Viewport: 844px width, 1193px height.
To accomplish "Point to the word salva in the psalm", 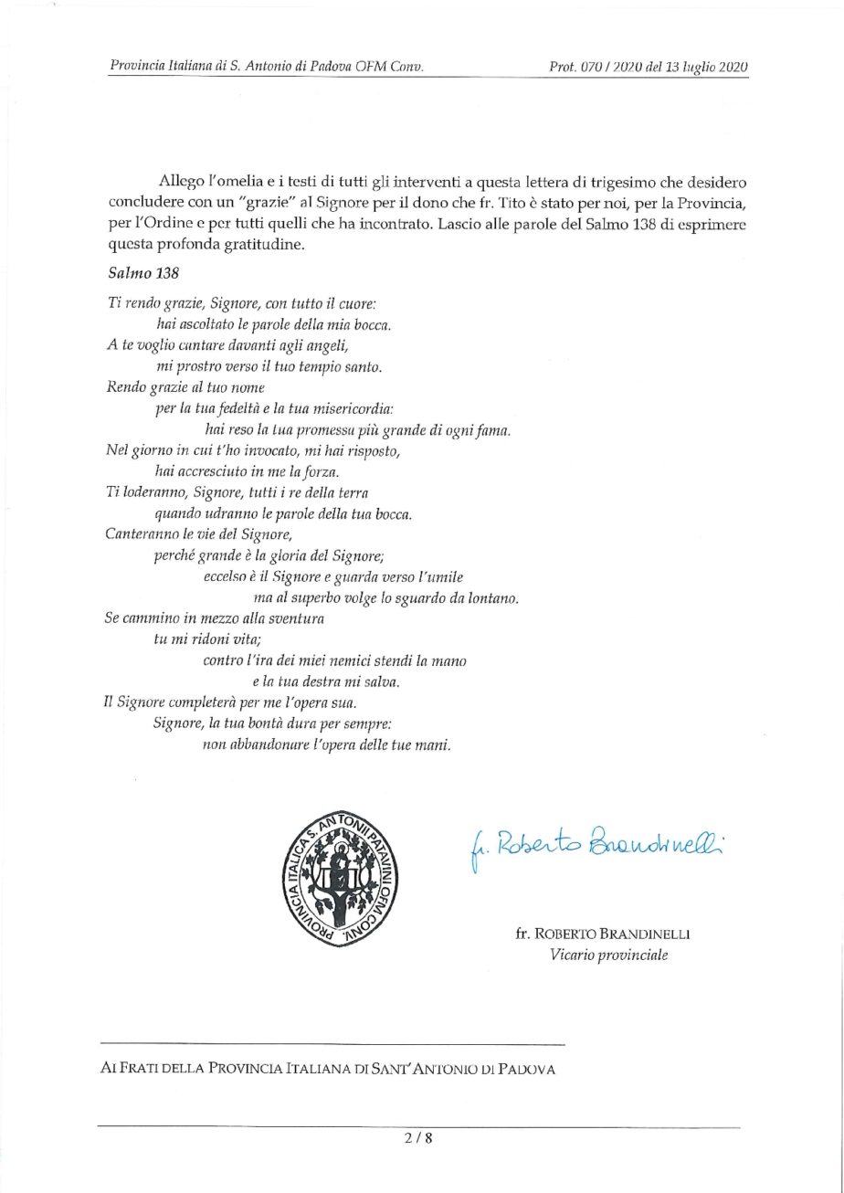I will point(384,681).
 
